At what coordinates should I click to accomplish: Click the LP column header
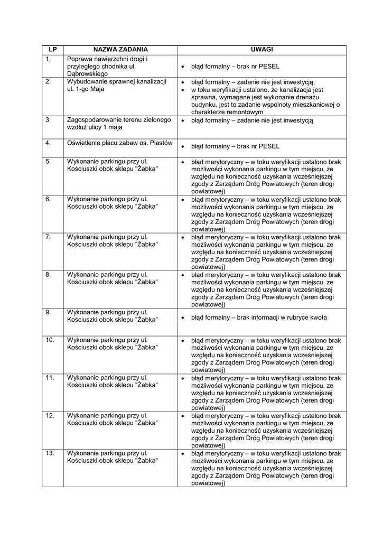pyautogui.click(x=52, y=50)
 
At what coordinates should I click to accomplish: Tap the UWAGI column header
pyautogui.click(x=261, y=50)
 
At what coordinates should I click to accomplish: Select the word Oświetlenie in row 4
pyautogui.click(x=84, y=143)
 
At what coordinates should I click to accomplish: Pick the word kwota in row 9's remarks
pyautogui.click(x=318, y=318)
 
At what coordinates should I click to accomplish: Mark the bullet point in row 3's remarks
pyautogui.click(x=182, y=121)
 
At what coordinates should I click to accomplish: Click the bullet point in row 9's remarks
pyautogui.click(x=182, y=319)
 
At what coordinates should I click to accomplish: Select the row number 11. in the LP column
pyautogui.click(x=50, y=378)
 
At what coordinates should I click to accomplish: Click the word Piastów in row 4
pyautogui.click(x=161, y=143)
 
